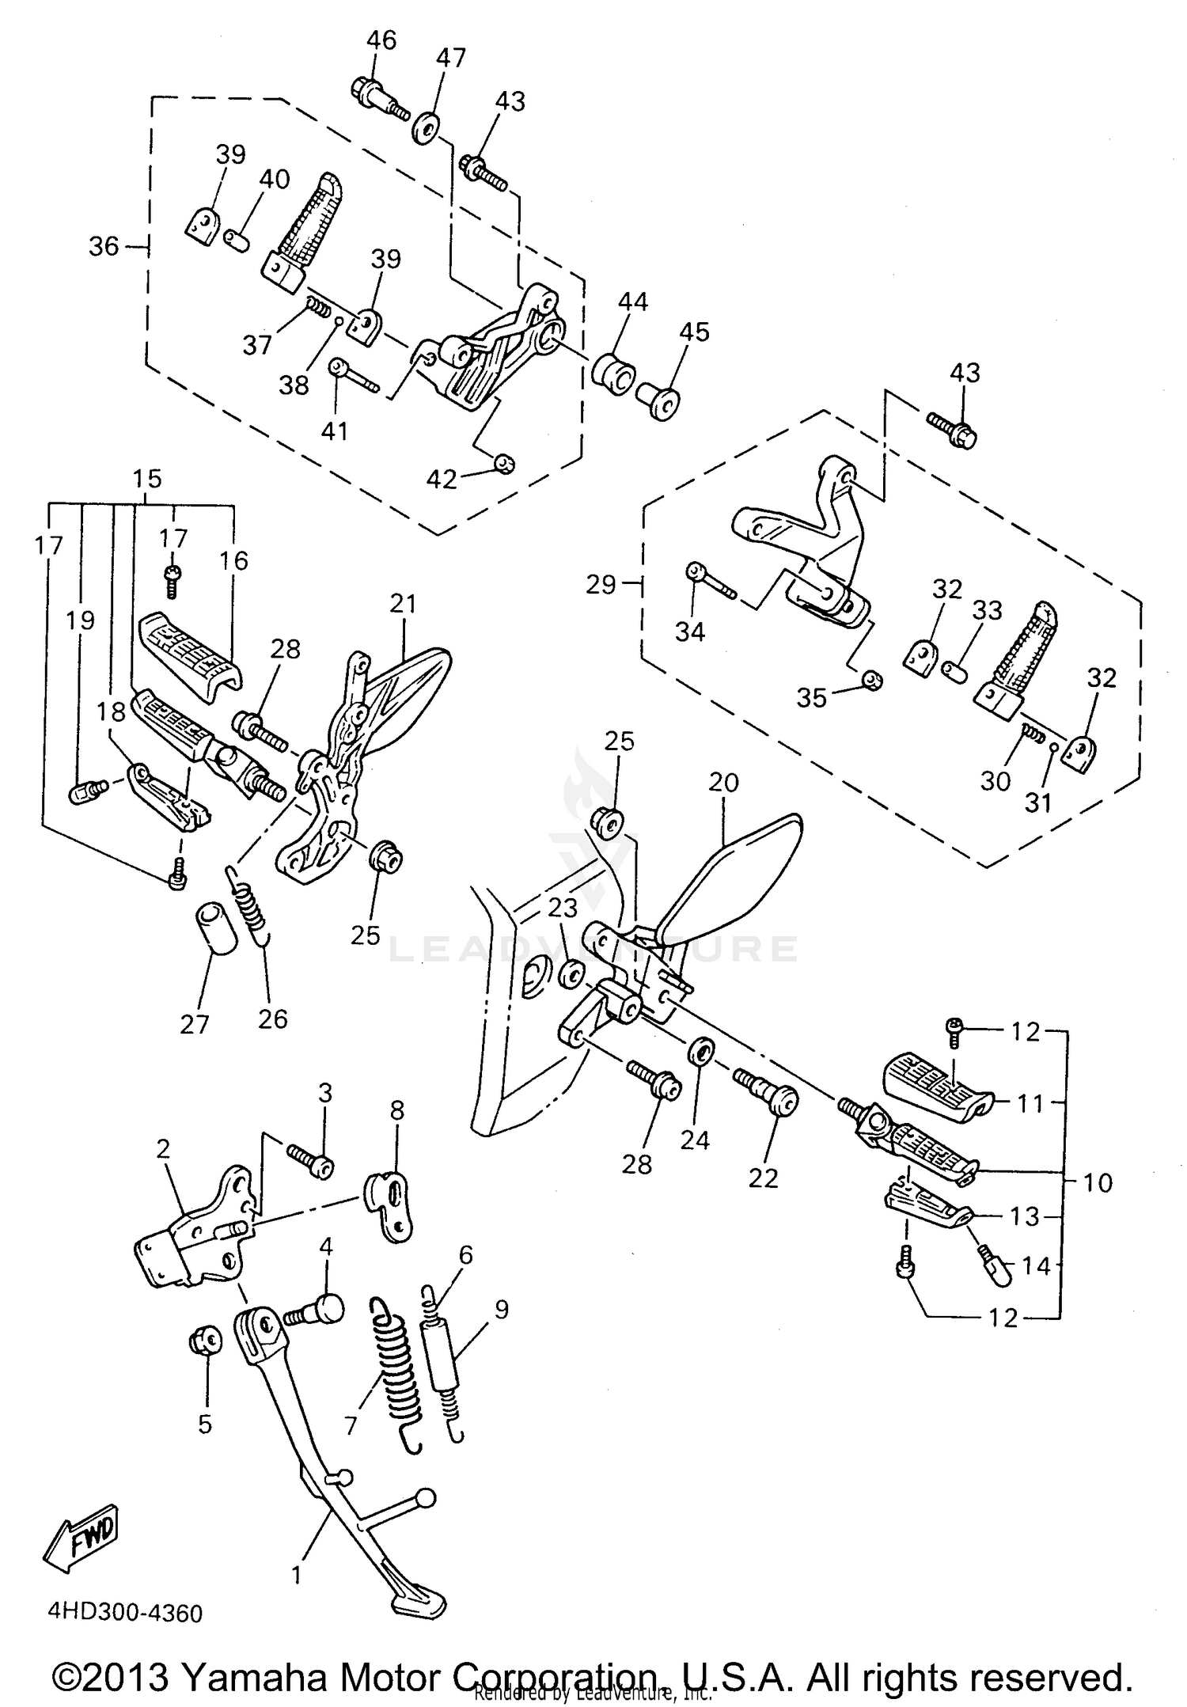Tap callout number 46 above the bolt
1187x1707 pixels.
point(381,40)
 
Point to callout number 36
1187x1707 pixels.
point(104,247)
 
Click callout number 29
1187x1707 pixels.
point(601,585)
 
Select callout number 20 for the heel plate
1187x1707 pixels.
point(724,783)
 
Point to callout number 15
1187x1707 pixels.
point(147,479)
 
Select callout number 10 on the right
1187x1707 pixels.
point(1097,1183)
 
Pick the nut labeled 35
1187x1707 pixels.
point(871,680)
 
